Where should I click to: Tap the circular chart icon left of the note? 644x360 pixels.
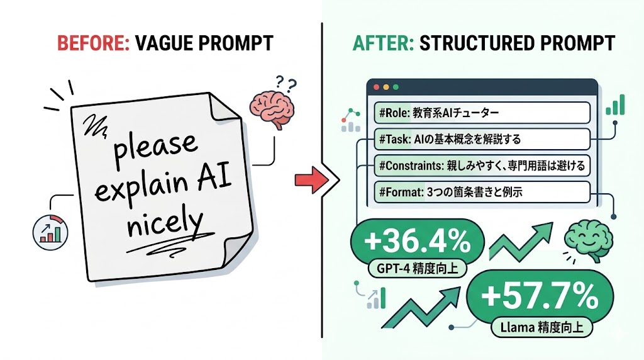coord(50,230)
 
